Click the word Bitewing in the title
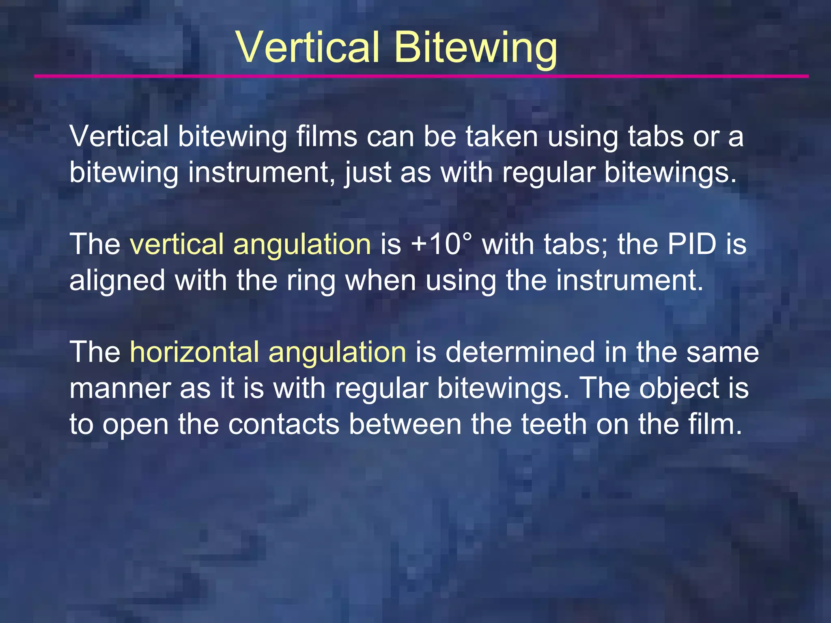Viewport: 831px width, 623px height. pos(476,49)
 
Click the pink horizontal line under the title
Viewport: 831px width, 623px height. pos(421,76)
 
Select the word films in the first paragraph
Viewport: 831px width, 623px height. pos(327,136)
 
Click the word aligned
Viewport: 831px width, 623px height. pos(117,281)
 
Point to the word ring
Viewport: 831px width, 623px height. pos(311,281)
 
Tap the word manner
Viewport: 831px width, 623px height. pos(120,389)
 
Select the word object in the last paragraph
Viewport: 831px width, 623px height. pos(678,389)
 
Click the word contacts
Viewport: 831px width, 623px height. pos(284,424)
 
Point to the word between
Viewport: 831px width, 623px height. pos(405,424)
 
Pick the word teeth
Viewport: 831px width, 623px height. pos(554,424)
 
